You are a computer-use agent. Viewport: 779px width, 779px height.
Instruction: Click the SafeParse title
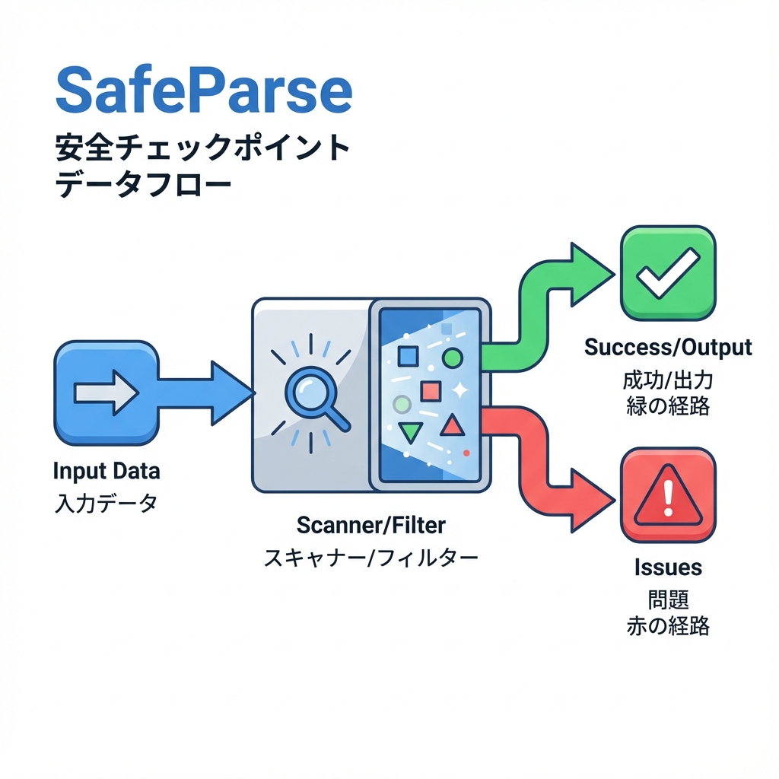204,90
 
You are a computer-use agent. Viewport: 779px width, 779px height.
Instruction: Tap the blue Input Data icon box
107,393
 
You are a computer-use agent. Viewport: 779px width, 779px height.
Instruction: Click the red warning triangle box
668,495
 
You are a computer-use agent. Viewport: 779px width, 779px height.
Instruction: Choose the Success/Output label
668,348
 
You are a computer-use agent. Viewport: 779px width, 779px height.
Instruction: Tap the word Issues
668,567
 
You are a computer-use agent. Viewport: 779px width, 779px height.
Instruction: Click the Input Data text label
107,471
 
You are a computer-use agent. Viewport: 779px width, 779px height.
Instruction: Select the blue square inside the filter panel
409,356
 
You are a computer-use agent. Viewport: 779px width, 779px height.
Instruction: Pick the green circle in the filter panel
452,356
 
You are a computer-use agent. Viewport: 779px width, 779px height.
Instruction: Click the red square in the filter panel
431,391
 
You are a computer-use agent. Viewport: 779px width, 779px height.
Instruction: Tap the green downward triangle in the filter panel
410,432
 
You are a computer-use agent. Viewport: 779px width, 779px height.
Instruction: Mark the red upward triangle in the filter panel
452,426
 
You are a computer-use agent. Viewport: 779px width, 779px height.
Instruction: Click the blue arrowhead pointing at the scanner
230,393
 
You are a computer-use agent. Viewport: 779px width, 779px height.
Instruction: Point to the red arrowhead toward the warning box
590,499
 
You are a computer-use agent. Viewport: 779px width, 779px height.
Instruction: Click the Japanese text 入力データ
106,503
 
